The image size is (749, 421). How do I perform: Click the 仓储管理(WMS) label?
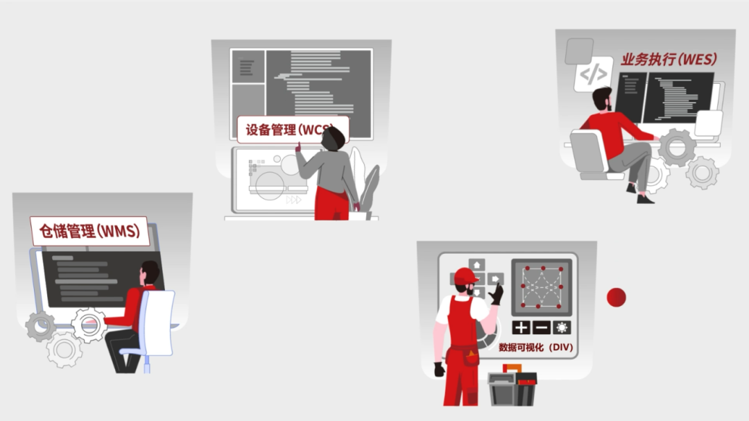[x=89, y=231]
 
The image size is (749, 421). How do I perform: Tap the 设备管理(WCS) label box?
[x=293, y=130]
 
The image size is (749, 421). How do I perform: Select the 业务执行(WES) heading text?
[x=669, y=59]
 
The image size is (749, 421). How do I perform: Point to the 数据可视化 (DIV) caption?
[x=535, y=347]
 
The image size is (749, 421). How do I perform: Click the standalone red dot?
[x=617, y=298]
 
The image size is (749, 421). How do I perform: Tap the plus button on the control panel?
[x=521, y=328]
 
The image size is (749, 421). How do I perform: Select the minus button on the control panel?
[x=541, y=328]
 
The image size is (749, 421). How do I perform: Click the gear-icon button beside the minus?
[x=562, y=328]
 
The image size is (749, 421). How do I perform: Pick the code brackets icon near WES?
[x=593, y=74]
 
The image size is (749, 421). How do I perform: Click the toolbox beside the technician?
[x=512, y=386]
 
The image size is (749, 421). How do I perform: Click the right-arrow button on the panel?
[x=495, y=279]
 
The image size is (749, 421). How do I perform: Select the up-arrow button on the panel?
[x=476, y=265]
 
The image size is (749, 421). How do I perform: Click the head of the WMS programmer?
[x=150, y=273]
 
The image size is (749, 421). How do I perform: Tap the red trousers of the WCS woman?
[x=332, y=204]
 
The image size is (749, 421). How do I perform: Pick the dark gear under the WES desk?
[x=677, y=148]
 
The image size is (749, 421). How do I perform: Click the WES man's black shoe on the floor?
[x=645, y=199]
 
